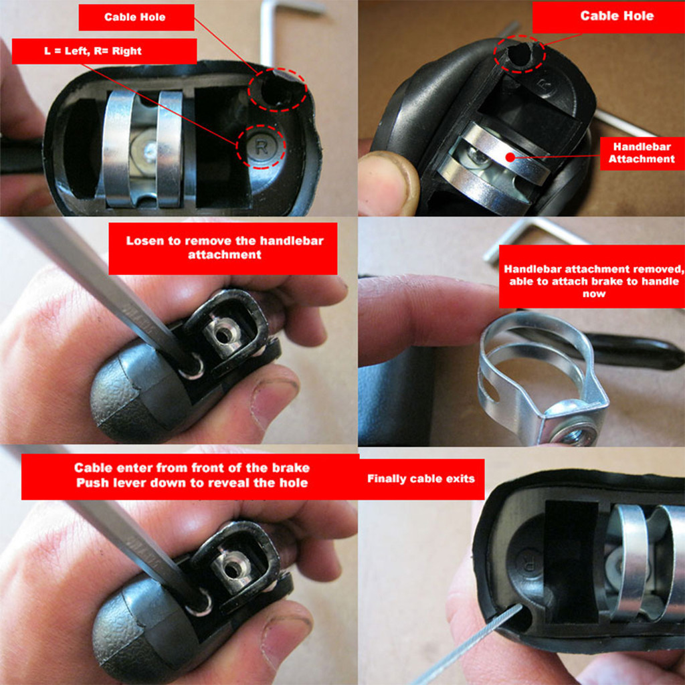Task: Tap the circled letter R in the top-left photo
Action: pos(262,147)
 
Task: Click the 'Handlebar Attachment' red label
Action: pos(642,153)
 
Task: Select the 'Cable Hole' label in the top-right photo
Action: pos(616,16)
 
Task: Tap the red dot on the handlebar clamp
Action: pos(510,157)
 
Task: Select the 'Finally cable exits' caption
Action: pos(421,479)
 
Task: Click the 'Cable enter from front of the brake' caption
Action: pos(192,468)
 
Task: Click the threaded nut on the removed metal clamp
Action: pos(573,431)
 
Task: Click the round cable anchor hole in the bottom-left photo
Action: pos(233,569)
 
